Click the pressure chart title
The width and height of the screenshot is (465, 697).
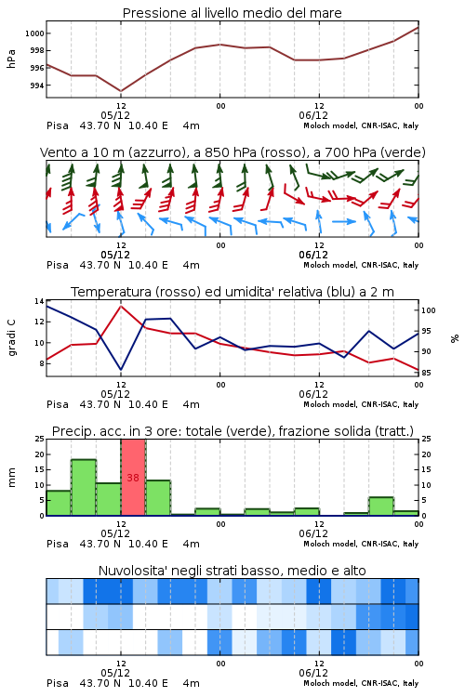[x=232, y=13]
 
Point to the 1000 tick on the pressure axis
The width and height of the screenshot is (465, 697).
[x=33, y=33]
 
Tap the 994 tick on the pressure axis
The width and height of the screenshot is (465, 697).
[x=36, y=85]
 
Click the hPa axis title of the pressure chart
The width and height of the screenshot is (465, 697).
[x=11, y=59]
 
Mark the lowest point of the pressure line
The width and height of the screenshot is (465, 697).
[x=121, y=91]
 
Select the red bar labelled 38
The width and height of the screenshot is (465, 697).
[x=134, y=478]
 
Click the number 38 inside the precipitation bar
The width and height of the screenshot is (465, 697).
[x=133, y=478]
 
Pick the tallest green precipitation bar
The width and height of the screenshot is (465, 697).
[x=84, y=488]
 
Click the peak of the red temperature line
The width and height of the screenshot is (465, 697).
[x=121, y=306]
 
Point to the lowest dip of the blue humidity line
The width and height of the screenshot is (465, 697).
[x=121, y=369]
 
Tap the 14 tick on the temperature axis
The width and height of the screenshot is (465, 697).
[x=39, y=301]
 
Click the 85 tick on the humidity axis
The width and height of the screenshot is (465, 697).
[x=426, y=373]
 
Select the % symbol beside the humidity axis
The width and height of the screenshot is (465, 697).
[x=455, y=338]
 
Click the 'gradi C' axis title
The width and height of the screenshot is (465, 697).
[x=12, y=337]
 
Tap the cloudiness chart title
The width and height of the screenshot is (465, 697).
[x=232, y=571]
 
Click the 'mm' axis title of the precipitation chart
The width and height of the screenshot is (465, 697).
[x=11, y=478]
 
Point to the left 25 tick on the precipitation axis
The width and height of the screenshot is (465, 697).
[x=39, y=439]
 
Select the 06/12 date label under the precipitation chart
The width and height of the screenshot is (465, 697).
[x=313, y=533]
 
